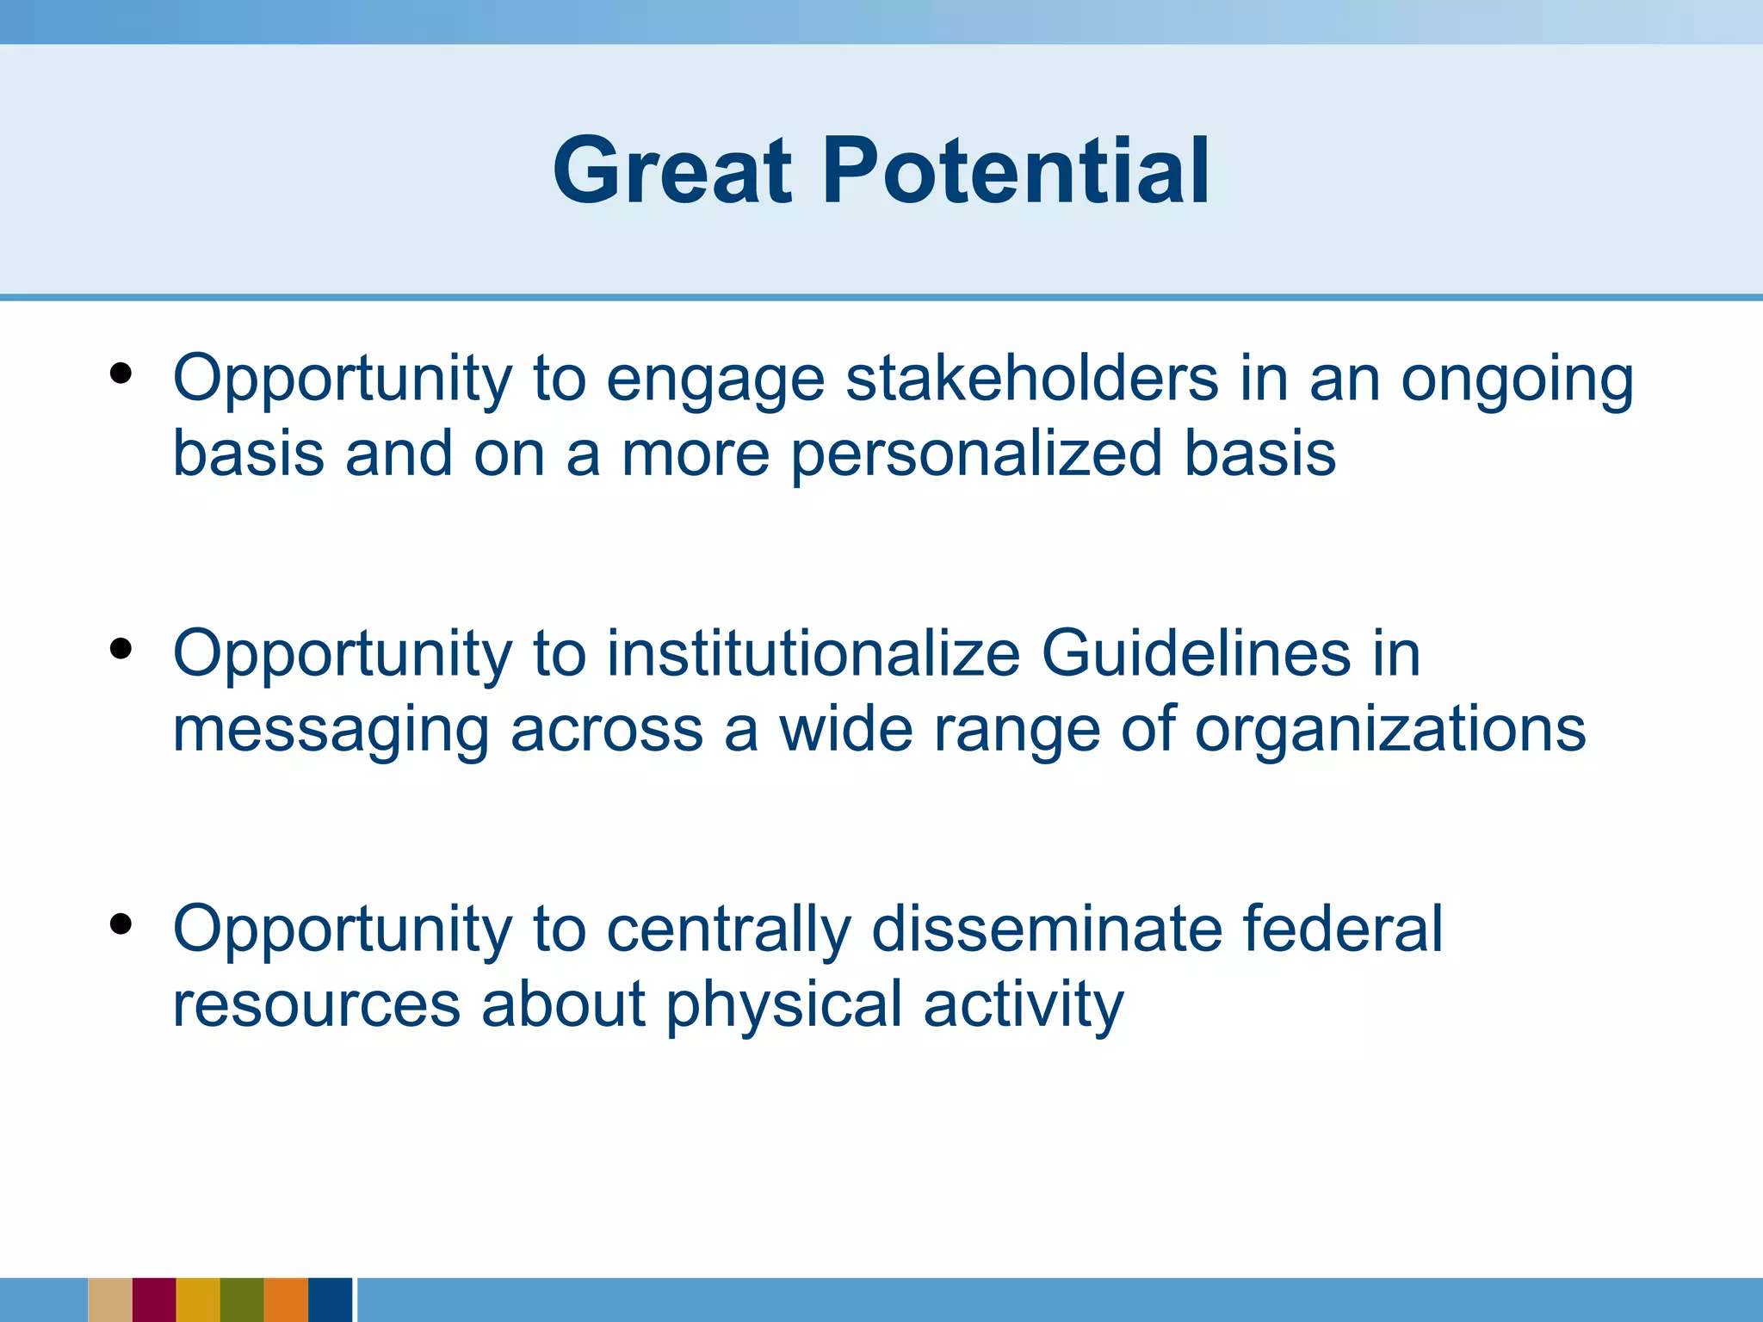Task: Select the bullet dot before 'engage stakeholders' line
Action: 121,373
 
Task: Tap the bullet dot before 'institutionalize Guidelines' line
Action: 121,648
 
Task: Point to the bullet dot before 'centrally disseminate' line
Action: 121,924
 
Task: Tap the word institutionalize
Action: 813,654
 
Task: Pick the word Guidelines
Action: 1197,654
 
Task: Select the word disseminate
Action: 1047,930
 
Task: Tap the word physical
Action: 784,1005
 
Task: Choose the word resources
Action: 316,1005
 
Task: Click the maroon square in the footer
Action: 154,1300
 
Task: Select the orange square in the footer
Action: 286,1300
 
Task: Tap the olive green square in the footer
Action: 242,1300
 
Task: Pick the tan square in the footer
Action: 110,1300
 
